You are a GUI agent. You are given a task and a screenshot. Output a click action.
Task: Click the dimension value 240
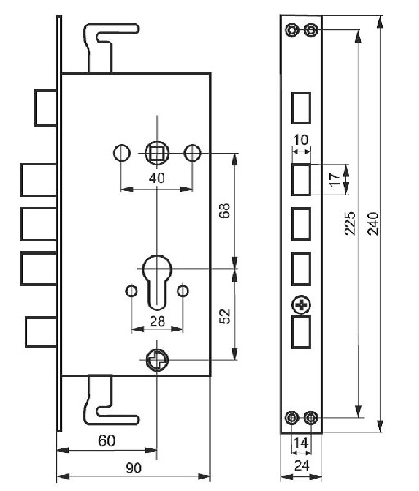[x=373, y=223]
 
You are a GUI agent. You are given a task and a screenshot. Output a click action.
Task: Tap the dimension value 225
[x=350, y=223]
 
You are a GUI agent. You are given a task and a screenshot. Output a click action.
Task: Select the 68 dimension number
[x=224, y=211]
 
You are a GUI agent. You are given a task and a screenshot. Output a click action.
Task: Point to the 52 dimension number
[x=224, y=317]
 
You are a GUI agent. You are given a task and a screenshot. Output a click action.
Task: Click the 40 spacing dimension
[x=156, y=178]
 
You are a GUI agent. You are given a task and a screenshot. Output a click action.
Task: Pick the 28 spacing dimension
[x=157, y=321]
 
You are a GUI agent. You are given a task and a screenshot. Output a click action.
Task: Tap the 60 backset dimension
[x=106, y=441]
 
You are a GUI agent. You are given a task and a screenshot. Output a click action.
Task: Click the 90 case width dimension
[x=133, y=468]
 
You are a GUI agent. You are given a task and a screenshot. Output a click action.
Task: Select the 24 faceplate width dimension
[x=302, y=466]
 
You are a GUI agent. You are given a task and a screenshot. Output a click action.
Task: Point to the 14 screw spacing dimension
[x=300, y=443]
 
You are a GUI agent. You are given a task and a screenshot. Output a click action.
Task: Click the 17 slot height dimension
[x=335, y=180]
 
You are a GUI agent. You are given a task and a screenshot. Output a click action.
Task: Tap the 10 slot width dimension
[x=301, y=140]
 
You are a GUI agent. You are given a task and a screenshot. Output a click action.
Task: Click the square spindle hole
[x=157, y=154]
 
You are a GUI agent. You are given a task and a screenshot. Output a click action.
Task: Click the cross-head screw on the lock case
[x=157, y=359]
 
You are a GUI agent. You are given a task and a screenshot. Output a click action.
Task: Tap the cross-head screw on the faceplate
[x=301, y=305]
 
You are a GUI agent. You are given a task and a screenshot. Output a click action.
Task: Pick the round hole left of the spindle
[x=121, y=153]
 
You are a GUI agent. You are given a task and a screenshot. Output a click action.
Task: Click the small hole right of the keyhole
[x=182, y=291]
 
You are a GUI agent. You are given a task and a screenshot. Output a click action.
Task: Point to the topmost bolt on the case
[x=45, y=108]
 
